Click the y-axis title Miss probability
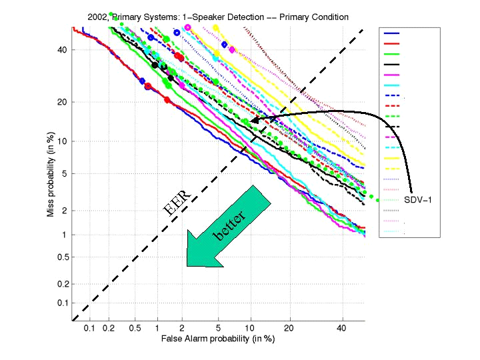coord(51,174)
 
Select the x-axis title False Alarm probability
coord(218,338)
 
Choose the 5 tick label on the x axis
coord(218,329)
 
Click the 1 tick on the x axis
coord(157,329)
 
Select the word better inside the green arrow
coord(229,226)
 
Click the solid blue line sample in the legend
coord(392,33)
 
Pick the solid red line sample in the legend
coord(392,43)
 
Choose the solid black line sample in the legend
coord(392,64)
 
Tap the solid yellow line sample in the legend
coord(392,158)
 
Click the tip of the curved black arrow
coord(251,121)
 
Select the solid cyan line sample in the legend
coord(392,85)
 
